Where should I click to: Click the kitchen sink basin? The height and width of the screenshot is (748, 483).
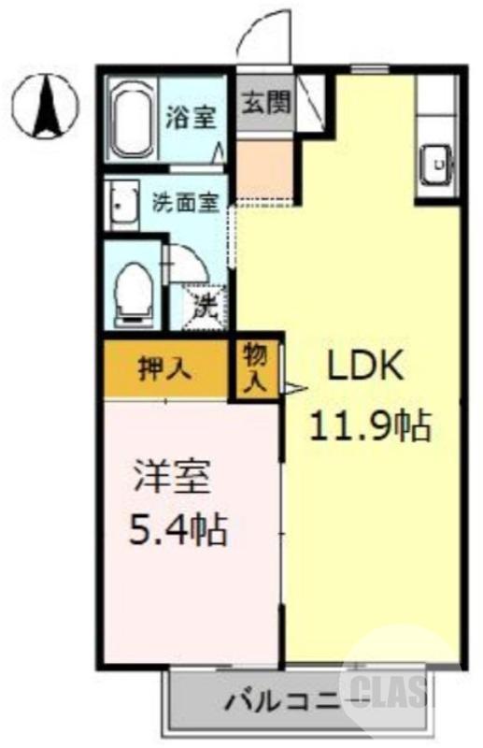click(x=436, y=165)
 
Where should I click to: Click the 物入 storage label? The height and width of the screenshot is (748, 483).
click(x=256, y=367)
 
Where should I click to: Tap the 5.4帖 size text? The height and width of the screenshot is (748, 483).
click(x=178, y=532)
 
